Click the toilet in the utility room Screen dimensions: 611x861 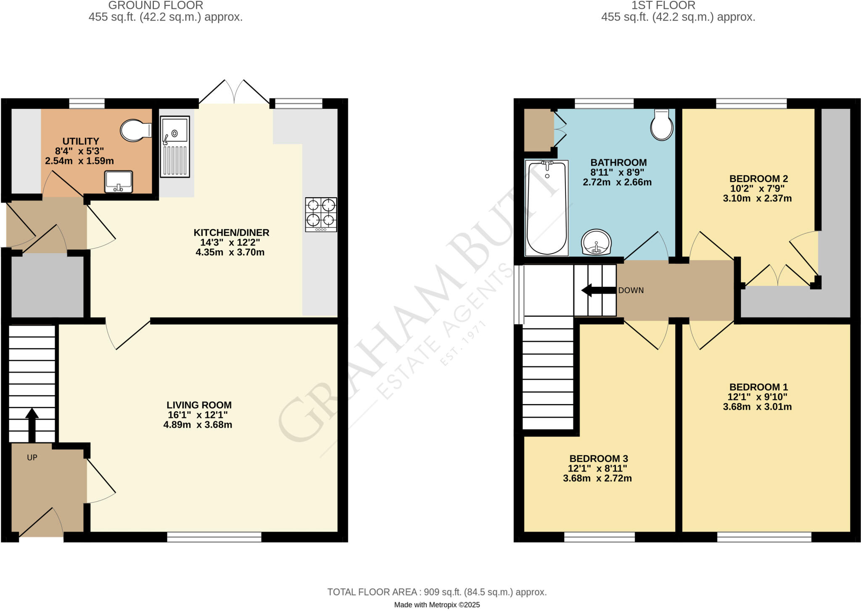pyautogui.click(x=135, y=130)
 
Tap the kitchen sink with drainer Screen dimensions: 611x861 pyautogui.click(x=174, y=146)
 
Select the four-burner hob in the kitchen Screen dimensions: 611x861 pyautogui.click(x=321, y=214)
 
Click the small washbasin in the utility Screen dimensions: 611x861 pyautogui.click(x=119, y=182)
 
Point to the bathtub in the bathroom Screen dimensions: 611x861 pyautogui.click(x=547, y=208)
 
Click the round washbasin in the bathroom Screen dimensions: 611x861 pyautogui.click(x=596, y=242)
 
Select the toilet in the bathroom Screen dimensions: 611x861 pyautogui.click(x=661, y=125)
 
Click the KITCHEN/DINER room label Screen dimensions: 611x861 pyautogui.click(x=231, y=233)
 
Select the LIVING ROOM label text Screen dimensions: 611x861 pyautogui.click(x=199, y=405)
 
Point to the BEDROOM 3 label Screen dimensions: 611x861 pyautogui.click(x=598, y=458)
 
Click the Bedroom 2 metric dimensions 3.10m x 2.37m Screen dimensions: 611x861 pyautogui.click(x=757, y=198)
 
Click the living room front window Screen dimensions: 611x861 pyautogui.click(x=214, y=537)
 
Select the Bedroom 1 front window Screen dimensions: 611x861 pyautogui.click(x=764, y=537)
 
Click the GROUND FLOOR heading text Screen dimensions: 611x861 pyautogui.click(x=156, y=5)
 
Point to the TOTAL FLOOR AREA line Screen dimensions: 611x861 pyautogui.click(x=437, y=592)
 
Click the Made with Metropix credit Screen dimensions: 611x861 pyautogui.click(x=437, y=605)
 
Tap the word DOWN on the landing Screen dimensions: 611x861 pyautogui.click(x=631, y=291)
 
